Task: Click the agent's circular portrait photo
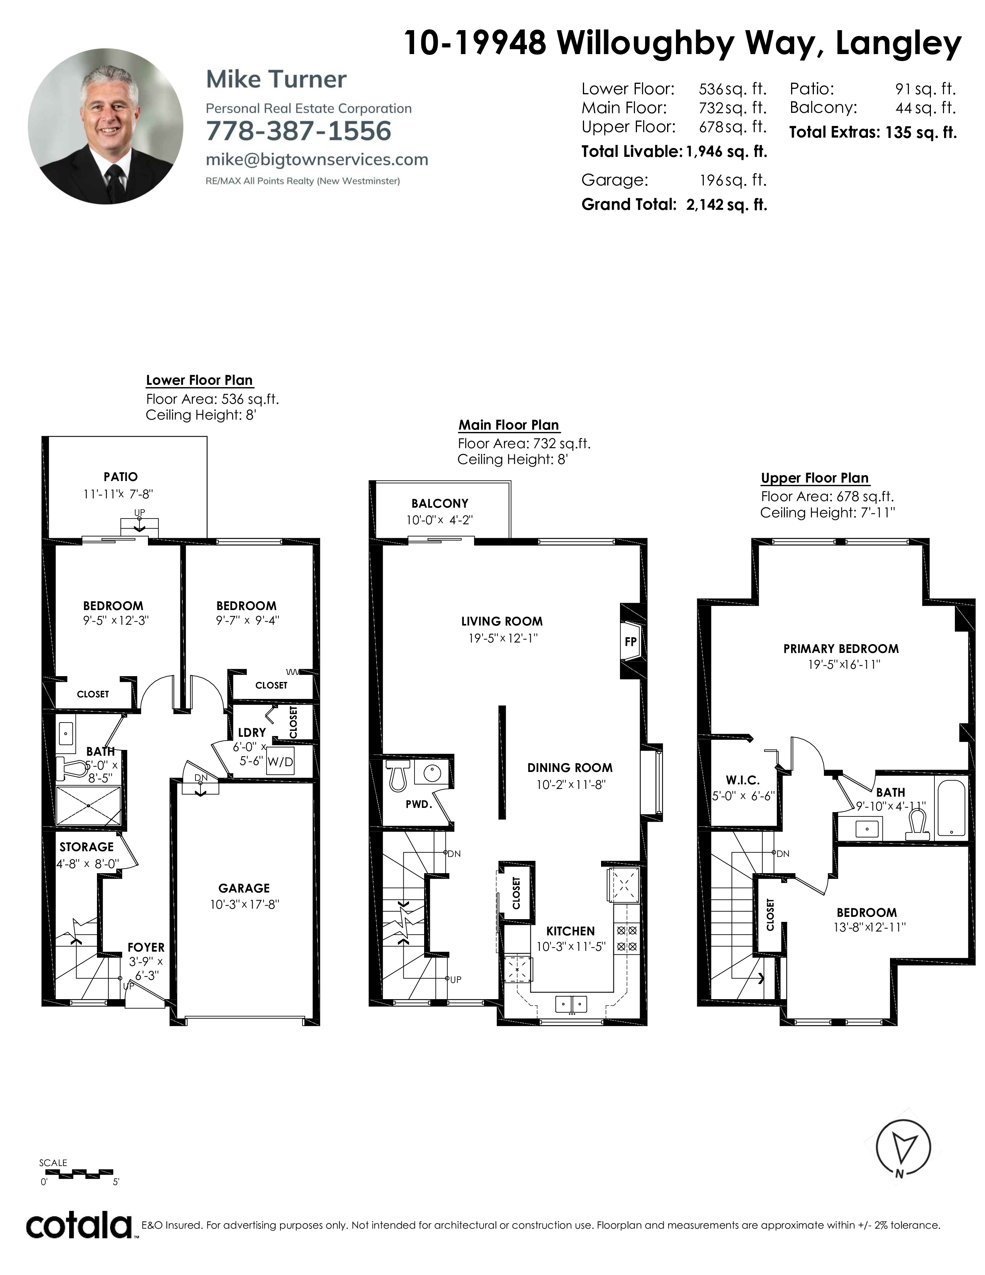point(105,126)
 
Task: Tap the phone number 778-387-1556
point(298,131)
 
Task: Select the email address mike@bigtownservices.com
point(317,159)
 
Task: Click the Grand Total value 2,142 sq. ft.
point(727,204)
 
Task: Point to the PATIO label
point(121,476)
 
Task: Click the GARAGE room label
point(244,888)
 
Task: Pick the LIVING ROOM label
point(502,621)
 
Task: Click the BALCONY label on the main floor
point(440,503)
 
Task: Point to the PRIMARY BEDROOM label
point(841,649)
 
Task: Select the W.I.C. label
point(743,780)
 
